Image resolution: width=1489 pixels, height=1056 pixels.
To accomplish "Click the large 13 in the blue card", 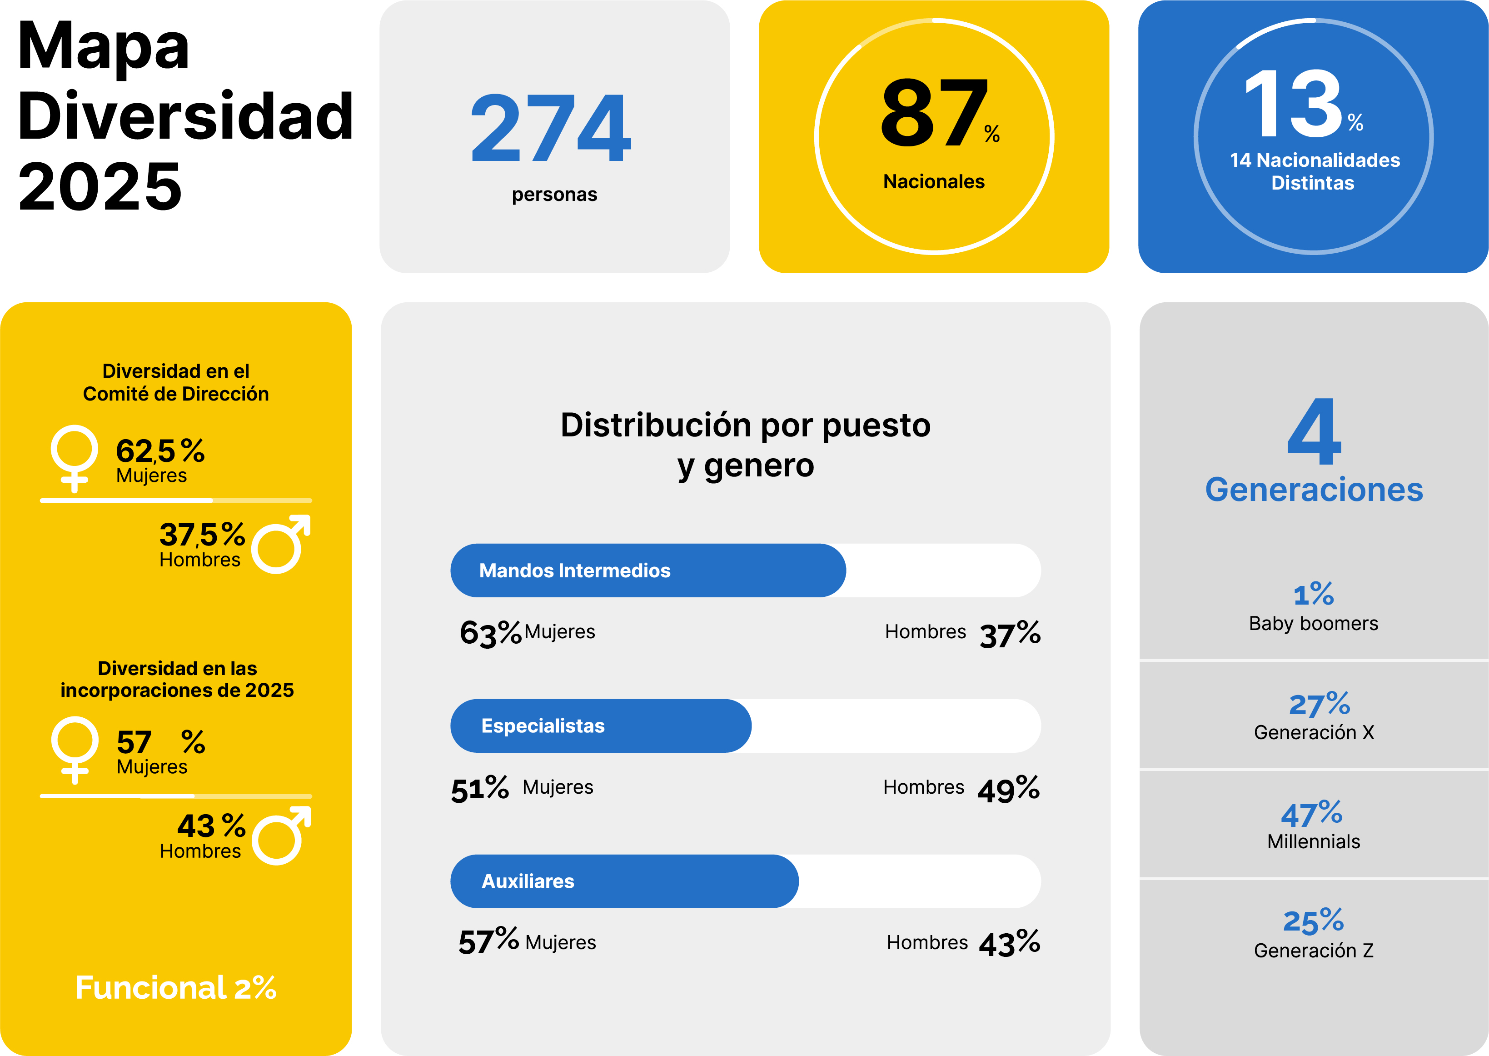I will click(x=1293, y=105).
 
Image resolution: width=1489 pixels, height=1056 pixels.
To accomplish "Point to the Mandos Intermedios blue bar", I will click(x=647, y=570).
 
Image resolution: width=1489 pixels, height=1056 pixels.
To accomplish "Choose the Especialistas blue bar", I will click(x=601, y=726).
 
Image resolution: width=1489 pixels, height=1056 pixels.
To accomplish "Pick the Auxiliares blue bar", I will click(x=624, y=881).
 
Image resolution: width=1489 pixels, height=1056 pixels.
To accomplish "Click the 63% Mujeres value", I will click(x=490, y=633).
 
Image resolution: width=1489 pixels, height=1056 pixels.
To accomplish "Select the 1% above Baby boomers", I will click(x=1314, y=594).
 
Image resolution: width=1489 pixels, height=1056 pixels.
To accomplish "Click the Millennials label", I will click(x=1314, y=841).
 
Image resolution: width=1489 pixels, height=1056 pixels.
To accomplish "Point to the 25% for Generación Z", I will click(x=1314, y=921).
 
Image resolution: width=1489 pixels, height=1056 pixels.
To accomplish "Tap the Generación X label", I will click(x=1314, y=733).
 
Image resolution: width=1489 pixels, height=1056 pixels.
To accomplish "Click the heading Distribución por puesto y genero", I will click(x=746, y=445).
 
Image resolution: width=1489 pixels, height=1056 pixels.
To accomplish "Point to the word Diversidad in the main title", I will click(x=185, y=116).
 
